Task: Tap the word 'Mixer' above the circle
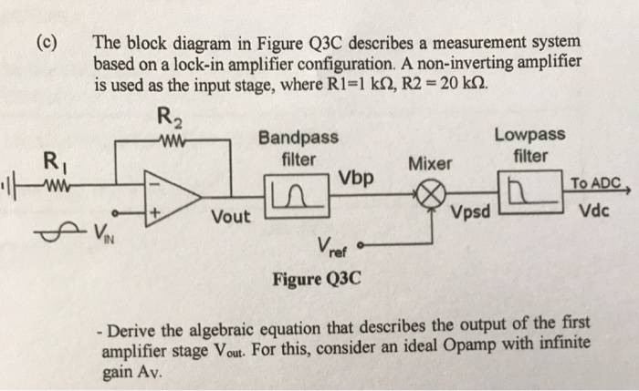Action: [429, 164]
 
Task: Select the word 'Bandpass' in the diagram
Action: [298, 138]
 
